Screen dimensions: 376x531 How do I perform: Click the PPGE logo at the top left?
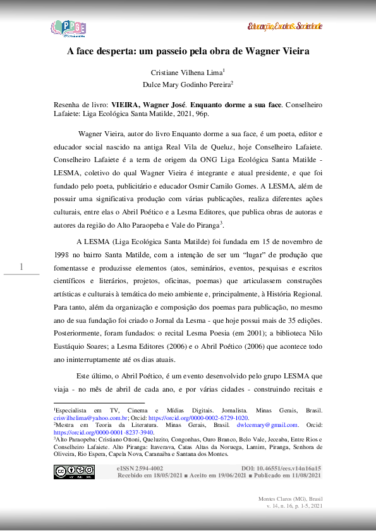pos(68,28)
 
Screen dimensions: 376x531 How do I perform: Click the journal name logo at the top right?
pos(285,26)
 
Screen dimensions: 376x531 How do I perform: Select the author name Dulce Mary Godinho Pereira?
pos(188,84)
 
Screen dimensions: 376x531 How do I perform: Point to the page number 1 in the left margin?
pos(21,267)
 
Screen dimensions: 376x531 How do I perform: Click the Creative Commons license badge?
pos(74,472)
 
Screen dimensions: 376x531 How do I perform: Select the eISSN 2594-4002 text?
pos(140,469)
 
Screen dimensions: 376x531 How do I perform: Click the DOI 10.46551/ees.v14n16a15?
pos(281,469)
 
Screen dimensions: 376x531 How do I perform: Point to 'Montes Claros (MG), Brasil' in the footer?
pos(291,499)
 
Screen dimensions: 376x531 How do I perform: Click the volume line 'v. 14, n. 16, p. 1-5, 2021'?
pos(294,506)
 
